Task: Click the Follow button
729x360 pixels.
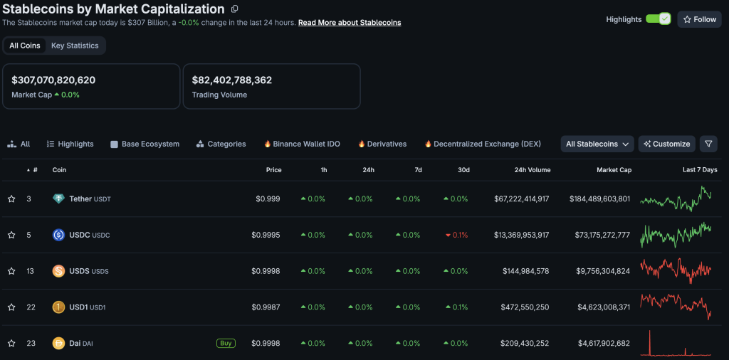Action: point(699,19)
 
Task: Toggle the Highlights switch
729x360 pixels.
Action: point(658,19)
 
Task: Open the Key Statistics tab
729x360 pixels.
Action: point(75,46)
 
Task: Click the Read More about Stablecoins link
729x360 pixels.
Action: point(350,22)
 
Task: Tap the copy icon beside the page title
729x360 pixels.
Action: point(235,9)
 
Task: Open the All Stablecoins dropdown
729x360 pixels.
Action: point(597,144)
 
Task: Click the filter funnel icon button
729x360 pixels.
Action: point(708,144)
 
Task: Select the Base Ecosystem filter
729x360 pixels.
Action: point(145,144)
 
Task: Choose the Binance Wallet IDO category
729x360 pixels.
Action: point(302,144)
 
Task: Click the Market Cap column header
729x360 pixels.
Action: point(614,170)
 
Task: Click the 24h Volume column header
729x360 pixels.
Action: point(533,170)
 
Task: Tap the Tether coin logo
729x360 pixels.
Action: point(58,198)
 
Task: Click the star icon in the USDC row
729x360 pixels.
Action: point(11,235)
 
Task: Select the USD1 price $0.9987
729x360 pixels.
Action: point(266,307)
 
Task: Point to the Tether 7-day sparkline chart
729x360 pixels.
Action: point(676,198)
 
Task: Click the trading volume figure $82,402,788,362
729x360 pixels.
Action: point(232,80)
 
